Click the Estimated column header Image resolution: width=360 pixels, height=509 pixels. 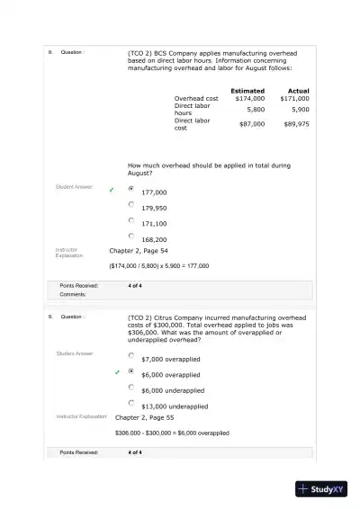[247, 90]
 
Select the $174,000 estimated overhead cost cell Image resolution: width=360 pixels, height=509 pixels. [249, 98]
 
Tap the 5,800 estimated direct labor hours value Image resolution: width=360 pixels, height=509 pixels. [256, 109]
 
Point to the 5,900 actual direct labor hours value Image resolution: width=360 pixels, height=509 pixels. [300, 109]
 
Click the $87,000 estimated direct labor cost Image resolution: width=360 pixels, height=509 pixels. [252, 124]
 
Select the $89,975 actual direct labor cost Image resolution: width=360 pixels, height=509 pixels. [296, 124]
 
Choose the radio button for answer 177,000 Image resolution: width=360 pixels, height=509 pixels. [131, 189]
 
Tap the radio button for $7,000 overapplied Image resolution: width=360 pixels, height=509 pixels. [131, 355]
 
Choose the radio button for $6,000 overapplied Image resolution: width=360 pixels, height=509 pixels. [131, 371]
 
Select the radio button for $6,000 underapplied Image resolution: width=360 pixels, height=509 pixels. [131, 387]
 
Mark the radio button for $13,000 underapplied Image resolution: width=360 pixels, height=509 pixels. [131, 402]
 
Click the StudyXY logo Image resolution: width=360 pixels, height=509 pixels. [322, 489]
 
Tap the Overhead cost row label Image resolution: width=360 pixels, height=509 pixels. [196, 98]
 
